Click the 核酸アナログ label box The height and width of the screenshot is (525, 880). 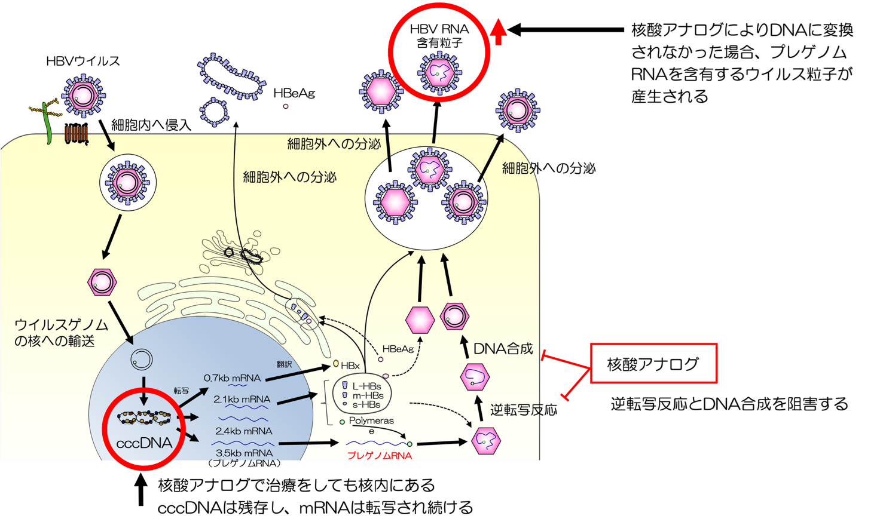[x=653, y=363]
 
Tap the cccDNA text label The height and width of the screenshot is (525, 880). [x=143, y=443]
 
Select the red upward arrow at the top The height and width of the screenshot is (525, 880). [x=499, y=32]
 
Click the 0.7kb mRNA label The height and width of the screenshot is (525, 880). [x=232, y=378]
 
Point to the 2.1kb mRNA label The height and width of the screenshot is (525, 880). [x=242, y=399]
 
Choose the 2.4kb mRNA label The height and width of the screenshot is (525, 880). [x=243, y=431]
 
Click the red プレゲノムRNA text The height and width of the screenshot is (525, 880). [x=379, y=455]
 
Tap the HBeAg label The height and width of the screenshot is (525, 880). [x=398, y=349]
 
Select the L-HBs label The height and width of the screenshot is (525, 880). [x=366, y=386]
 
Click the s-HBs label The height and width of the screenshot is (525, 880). [x=366, y=404]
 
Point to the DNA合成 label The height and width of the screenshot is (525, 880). [x=503, y=349]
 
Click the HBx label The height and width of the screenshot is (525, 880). [x=350, y=365]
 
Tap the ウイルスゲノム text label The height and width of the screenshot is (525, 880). [x=61, y=325]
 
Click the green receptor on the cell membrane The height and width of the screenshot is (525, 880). [x=47, y=124]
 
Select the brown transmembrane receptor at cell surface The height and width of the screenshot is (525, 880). [x=77, y=135]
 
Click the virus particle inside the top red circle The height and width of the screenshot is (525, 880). [x=439, y=72]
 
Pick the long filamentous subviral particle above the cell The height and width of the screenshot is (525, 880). [x=231, y=76]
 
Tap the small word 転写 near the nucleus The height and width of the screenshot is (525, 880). [x=181, y=391]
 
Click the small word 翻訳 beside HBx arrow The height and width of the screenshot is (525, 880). [x=284, y=364]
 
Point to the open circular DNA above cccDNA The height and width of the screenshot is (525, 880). [x=142, y=360]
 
